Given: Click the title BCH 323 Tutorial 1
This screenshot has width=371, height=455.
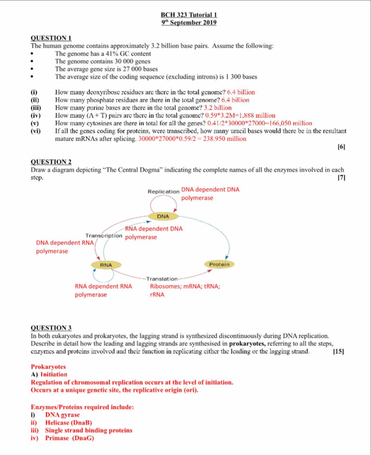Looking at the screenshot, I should point(189,15).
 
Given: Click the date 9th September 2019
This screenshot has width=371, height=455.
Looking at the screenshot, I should point(189,23).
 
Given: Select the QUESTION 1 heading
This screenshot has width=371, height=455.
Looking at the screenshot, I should point(51,38).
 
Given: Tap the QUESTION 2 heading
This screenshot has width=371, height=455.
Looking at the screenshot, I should point(51,162).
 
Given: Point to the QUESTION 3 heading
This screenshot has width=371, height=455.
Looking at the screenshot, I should point(51,328).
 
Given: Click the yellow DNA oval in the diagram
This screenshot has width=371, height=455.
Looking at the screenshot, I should point(163,216).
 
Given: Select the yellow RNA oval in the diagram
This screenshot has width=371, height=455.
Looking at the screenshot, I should point(106,265).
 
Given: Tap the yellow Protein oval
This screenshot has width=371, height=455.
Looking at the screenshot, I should point(219,264).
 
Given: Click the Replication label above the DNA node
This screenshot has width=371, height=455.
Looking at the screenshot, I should point(163,192).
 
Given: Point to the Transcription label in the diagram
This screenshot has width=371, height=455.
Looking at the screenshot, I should point(104,236).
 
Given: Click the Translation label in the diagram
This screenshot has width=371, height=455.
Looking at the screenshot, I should point(162,279).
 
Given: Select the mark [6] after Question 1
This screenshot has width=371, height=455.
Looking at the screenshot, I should point(341,147).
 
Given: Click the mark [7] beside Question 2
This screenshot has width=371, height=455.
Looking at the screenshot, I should point(341,178).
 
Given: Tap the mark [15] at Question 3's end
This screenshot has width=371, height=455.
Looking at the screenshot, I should point(339,351).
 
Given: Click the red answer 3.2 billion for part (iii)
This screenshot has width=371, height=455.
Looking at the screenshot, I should point(218,108).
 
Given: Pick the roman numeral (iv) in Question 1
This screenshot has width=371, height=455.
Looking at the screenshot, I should point(36,116).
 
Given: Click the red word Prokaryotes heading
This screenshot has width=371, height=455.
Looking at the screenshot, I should point(48,367).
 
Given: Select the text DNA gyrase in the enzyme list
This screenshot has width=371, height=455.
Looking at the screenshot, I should point(62,415).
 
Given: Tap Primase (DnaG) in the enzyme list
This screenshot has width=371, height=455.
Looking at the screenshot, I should point(70,438).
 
